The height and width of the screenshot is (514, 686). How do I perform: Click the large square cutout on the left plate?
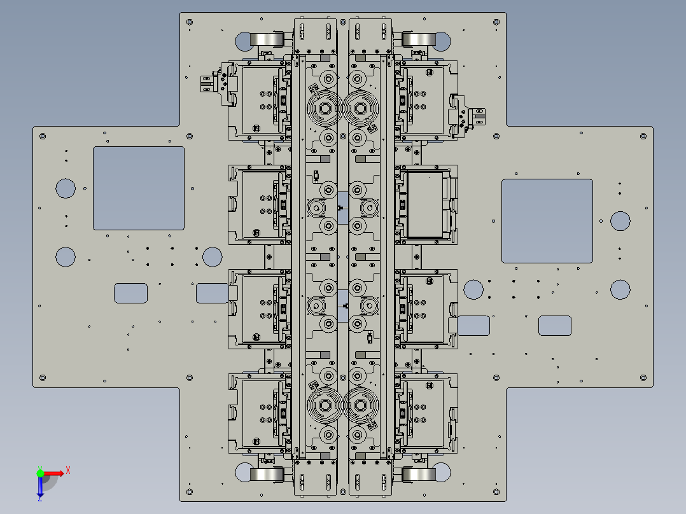pyautogui.click(x=139, y=188)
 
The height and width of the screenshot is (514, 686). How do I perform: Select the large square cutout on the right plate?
pyautogui.click(x=547, y=221)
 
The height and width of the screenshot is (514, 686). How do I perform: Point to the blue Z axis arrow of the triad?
pyautogui.click(x=40, y=489)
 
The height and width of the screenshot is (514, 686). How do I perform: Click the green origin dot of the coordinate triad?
pyautogui.click(x=40, y=473)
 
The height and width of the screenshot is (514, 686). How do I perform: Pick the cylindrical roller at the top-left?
pyautogui.click(x=267, y=40)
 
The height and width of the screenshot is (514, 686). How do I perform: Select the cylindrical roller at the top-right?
pyautogui.click(x=419, y=40)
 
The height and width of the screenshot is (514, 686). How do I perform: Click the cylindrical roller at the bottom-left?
pyautogui.click(x=267, y=475)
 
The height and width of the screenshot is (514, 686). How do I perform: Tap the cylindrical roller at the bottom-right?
pyautogui.click(x=419, y=475)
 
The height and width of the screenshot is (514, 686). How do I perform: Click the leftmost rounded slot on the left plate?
pyautogui.click(x=130, y=293)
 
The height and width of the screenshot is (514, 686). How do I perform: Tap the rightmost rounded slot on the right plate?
pyautogui.click(x=555, y=326)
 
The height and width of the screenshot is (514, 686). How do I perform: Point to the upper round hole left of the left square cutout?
pyautogui.click(x=66, y=188)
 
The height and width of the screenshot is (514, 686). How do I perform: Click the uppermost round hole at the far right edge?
pyautogui.click(x=620, y=221)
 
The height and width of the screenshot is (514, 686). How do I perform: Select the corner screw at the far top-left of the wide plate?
pyautogui.click(x=43, y=136)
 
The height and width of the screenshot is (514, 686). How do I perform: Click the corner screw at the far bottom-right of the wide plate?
pyautogui.click(x=643, y=378)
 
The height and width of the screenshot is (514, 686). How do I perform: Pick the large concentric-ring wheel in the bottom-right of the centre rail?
pyautogui.click(x=361, y=405)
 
